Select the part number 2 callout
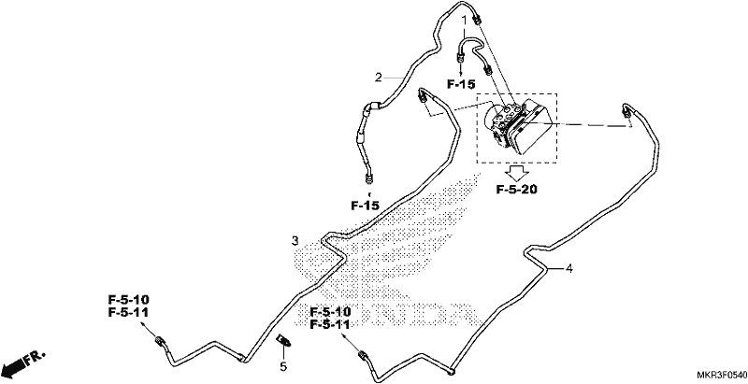click(x=379, y=78)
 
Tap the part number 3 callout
click(x=295, y=241)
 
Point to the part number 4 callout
click(x=568, y=269)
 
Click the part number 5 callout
click(x=283, y=367)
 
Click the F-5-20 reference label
click(x=517, y=190)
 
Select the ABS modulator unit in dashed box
click(x=517, y=126)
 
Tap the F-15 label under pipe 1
click(x=461, y=84)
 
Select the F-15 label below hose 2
click(x=366, y=206)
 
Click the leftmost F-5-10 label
click(x=129, y=300)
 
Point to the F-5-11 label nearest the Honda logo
click(x=330, y=324)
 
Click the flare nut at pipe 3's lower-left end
click(x=159, y=341)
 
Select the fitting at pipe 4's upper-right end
click(x=625, y=111)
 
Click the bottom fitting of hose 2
click(x=368, y=178)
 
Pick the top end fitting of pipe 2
click(x=477, y=19)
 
